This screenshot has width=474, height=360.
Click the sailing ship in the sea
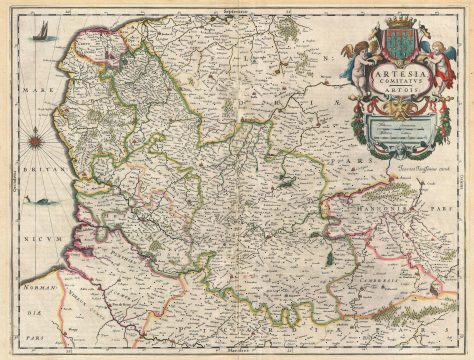point(39,35)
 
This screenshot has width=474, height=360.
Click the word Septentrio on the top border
point(237,7)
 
